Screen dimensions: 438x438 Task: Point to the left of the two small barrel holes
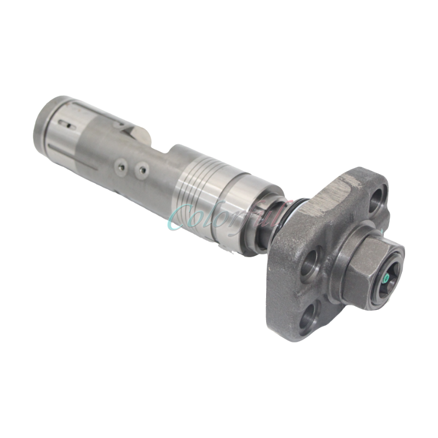click(x=120, y=164)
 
